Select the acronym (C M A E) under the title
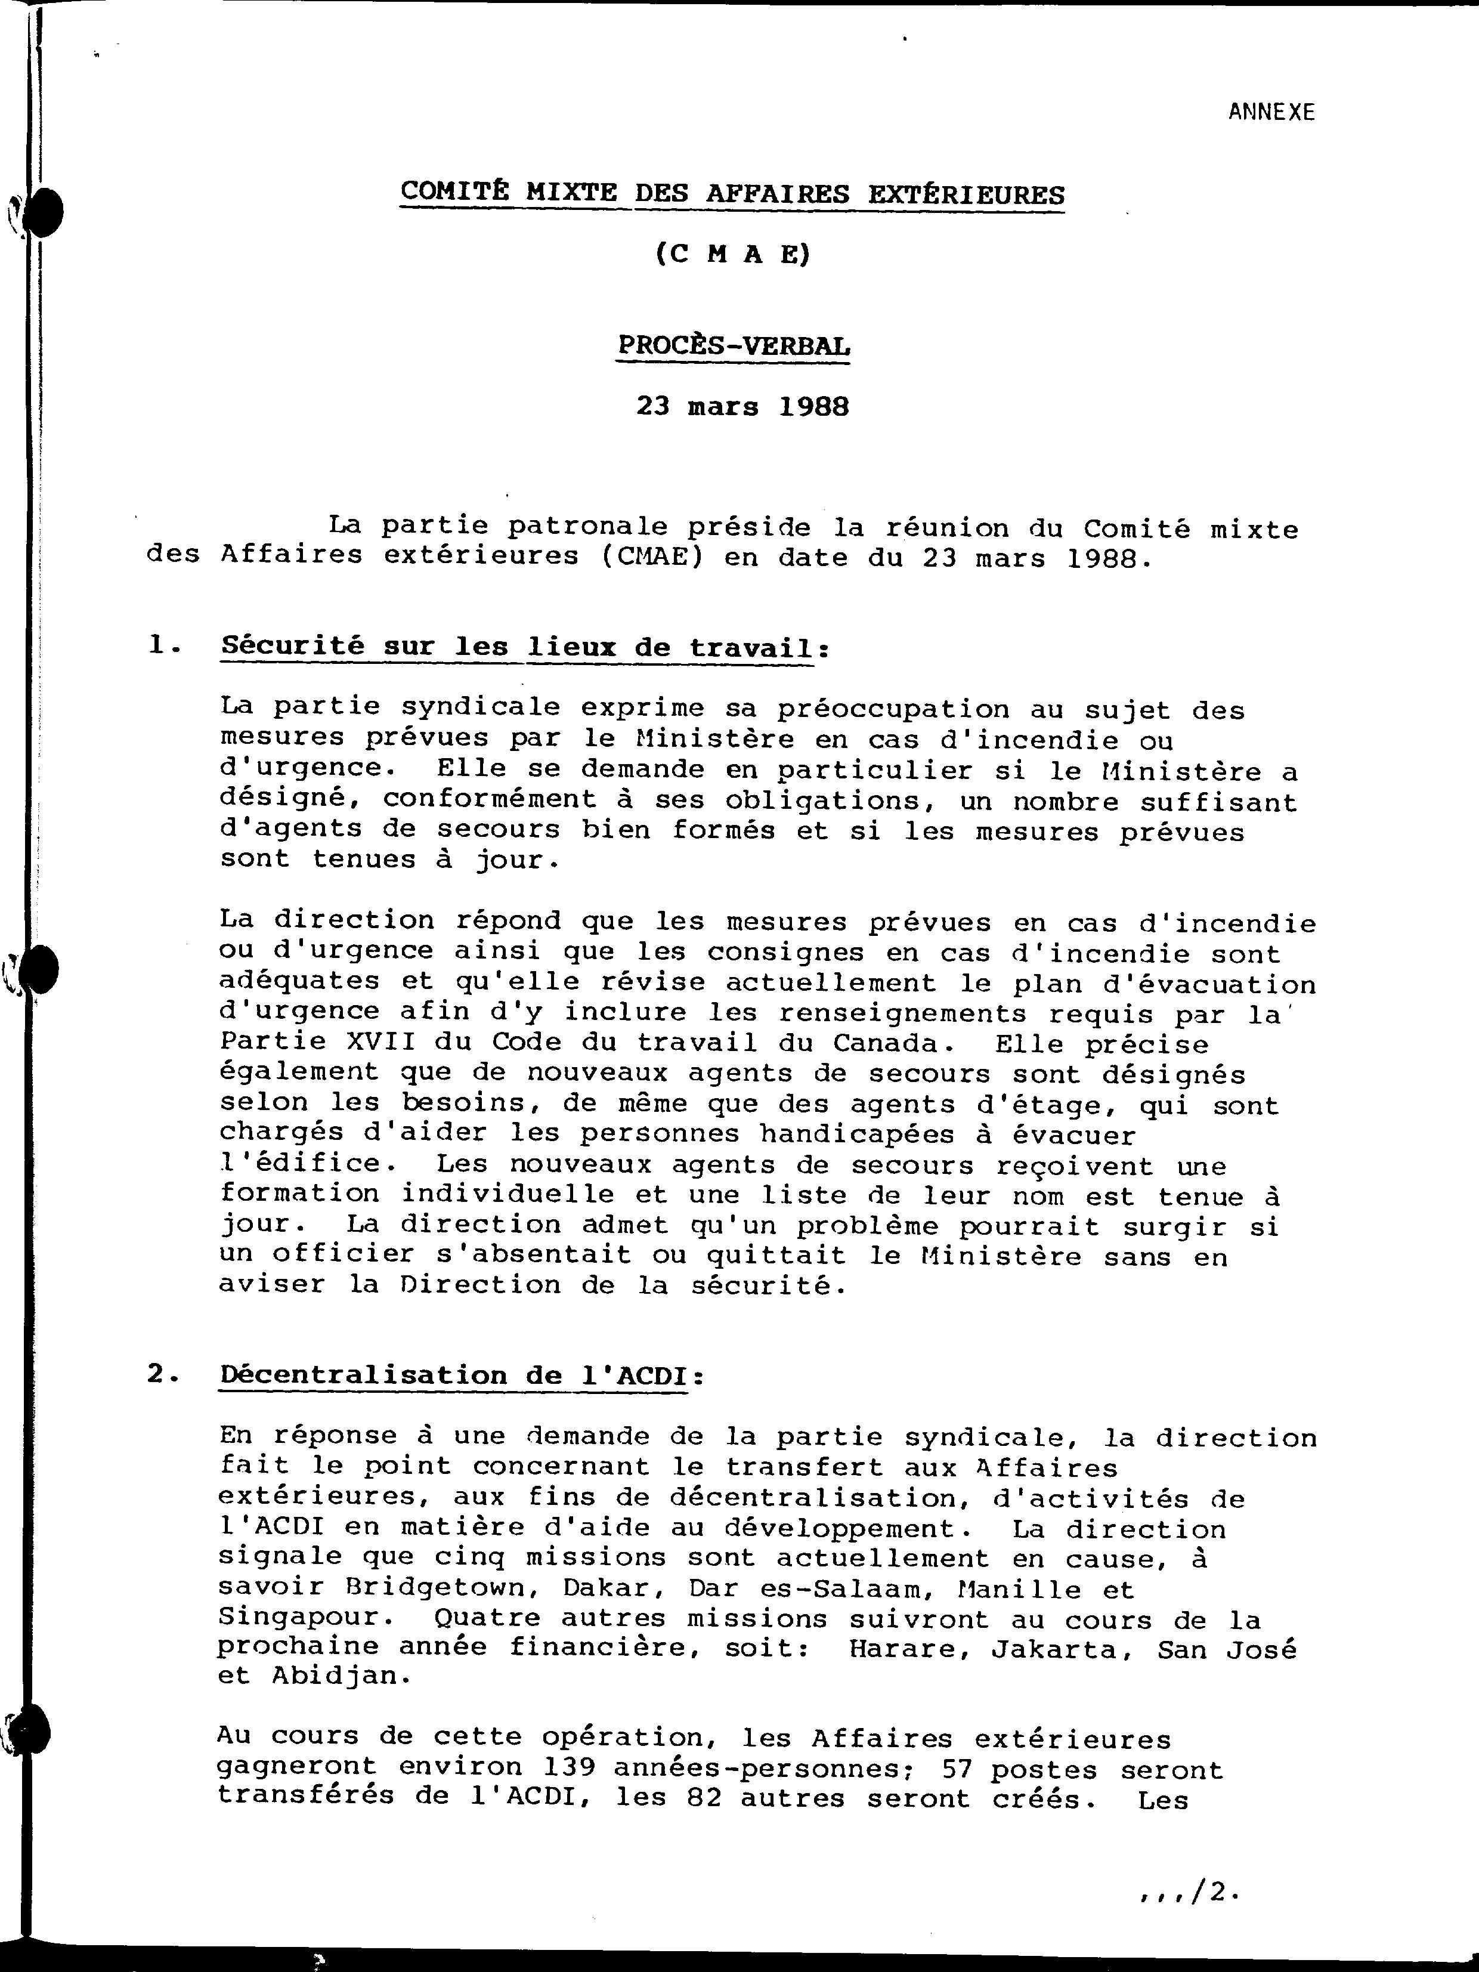pos(733,255)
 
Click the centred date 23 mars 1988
pos(742,407)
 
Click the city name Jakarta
pos(1061,1649)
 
